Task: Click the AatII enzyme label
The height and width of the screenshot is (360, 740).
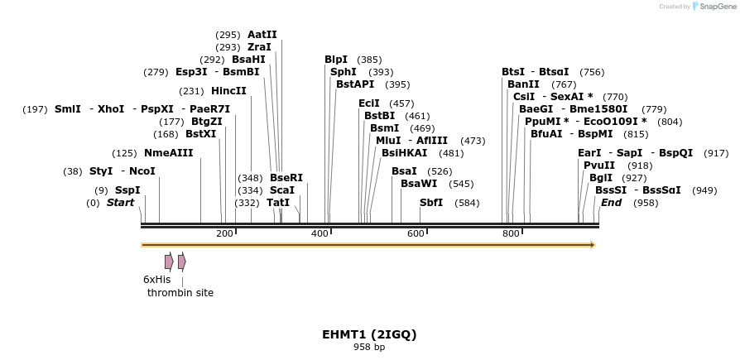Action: tap(262, 35)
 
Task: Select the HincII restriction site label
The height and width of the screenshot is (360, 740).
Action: tap(228, 91)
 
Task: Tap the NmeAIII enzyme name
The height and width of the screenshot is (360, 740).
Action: tap(168, 153)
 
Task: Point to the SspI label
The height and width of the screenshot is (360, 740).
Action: tap(127, 190)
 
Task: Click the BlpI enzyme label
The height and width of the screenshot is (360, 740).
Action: tap(336, 60)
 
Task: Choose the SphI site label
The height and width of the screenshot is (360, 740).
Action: tap(343, 72)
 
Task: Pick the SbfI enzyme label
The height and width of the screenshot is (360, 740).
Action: tap(431, 203)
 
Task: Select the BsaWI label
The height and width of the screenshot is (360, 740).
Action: tap(419, 184)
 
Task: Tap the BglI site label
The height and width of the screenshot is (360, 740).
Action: tap(601, 178)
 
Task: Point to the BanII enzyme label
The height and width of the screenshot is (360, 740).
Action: tap(523, 84)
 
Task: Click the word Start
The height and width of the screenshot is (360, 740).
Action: tap(120, 203)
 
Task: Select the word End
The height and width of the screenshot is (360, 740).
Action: tap(611, 203)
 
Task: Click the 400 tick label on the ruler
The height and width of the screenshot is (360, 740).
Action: tap(320, 234)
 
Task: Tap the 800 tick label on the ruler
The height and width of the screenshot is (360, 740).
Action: tap(511, 234)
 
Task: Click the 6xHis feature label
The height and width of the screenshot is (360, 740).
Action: tap(156, 280)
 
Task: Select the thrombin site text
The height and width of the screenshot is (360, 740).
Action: tap(180, 293)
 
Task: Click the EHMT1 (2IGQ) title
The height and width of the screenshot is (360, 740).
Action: tap(369, 334)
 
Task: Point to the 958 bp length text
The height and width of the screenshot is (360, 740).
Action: tap(369, 348)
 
